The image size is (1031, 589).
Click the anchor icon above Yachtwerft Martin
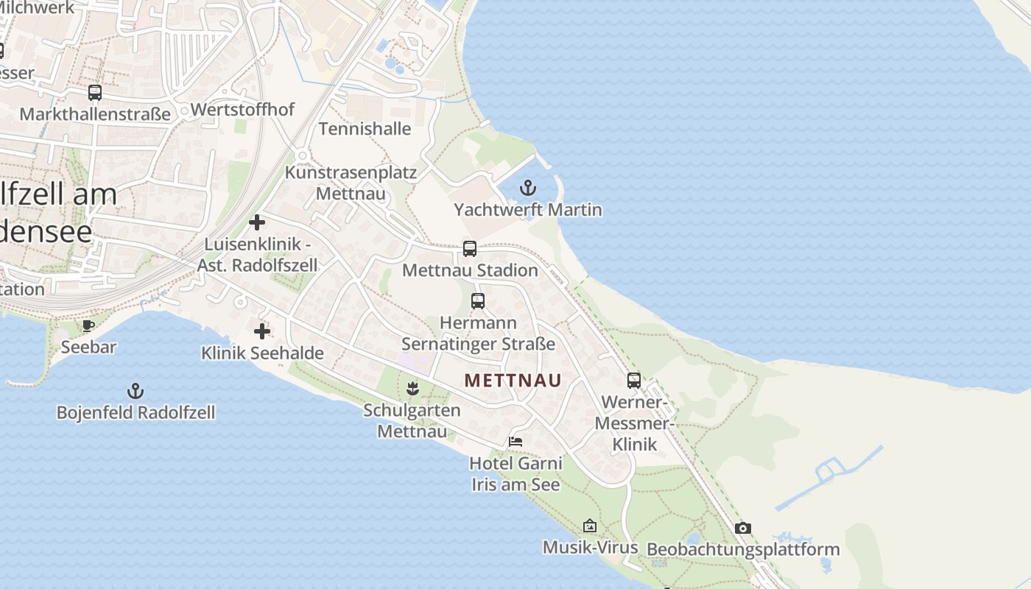[x=528, y=187]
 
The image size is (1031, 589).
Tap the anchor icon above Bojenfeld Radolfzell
[x=135, y=390]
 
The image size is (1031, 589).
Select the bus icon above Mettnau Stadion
[x=470, y=249]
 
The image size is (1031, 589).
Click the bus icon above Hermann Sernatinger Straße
[x=478, y=301]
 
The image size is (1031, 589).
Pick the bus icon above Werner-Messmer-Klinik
[x=634, y=381]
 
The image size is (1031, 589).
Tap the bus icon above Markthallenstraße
[x=95, y=93]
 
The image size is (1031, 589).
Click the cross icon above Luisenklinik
[x=257, y=222]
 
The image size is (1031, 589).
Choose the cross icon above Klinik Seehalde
[x=262, y=331]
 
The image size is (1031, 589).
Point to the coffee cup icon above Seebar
[x=88, y=325]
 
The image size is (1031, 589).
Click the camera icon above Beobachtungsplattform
[x=743, y=528]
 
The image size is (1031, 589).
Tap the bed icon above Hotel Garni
[x=515, y=442]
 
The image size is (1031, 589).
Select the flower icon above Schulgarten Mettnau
[x=412, y=388]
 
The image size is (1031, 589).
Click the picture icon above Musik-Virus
[x=590, y=526]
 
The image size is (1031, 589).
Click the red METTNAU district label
[x=513, y=381]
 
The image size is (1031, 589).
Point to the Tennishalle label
[x=365, y=129]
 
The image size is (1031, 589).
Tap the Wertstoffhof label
[x=242, y=110]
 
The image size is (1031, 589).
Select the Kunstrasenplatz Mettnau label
[x=351, y=183]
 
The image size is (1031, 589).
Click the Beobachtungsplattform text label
[x=743, y=549]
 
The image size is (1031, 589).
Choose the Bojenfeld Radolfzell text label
[x=136, y=412]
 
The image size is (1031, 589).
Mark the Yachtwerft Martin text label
[x=528, y=210]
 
